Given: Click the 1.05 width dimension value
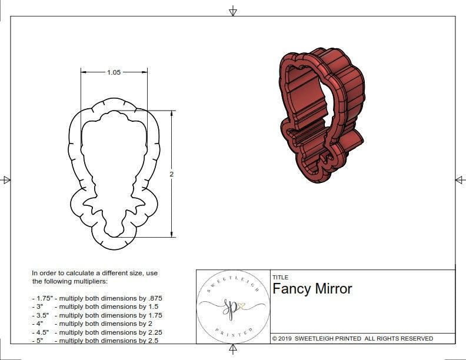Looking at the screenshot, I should [114, 72].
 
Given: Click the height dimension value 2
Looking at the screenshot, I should [171, 174].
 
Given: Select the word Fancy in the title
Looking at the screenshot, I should [291, 289].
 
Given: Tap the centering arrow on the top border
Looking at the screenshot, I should [233, 11].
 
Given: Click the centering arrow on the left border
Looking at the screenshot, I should [6, 180].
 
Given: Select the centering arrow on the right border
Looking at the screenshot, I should [460, 180].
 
